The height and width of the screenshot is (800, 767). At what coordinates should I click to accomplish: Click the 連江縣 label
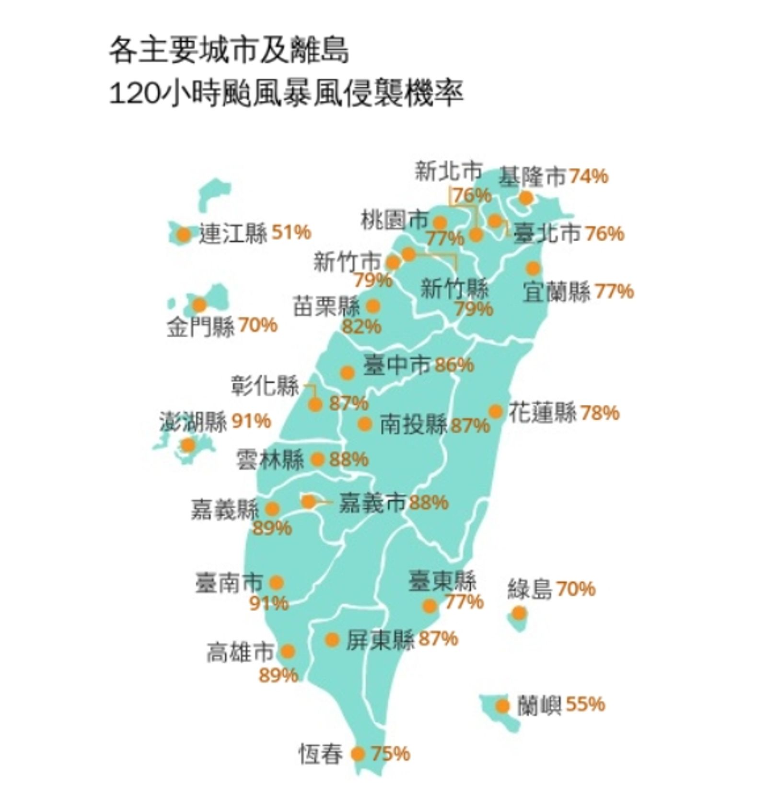click(x=232, y=234)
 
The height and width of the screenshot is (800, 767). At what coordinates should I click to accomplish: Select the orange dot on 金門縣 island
click(x=199, y=305)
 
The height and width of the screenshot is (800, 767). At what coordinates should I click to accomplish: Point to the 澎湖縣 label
click(x=193, y=422)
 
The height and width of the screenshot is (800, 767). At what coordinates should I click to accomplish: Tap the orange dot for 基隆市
click(x=526, y=198)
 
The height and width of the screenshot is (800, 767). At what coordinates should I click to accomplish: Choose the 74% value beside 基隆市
click(x=589, y=176)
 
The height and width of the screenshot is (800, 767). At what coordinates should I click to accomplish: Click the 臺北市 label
click(x=546, y=234)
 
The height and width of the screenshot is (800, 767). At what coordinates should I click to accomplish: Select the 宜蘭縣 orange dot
click(x=533, y=268)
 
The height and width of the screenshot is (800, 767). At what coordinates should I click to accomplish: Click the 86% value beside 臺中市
click(x=454, y=365)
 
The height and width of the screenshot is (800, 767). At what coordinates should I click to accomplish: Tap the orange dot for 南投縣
click(x=365, y=424)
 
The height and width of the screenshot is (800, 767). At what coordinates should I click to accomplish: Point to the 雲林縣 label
click(x=270, y=460)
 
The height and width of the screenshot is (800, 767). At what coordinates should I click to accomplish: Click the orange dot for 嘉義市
click(x=309, y=502)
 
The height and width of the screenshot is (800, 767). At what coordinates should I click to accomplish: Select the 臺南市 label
click(x=229, y=583)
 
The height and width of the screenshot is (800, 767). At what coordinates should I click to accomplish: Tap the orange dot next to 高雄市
click(x=288, y=652)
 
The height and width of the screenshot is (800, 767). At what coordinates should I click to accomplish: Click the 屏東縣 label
click(x=380, y=639)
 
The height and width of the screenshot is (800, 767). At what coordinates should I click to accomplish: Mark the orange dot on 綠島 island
click(x=519, y=613)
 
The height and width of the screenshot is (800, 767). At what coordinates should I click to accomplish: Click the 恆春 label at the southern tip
click(x=321, y=754)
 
